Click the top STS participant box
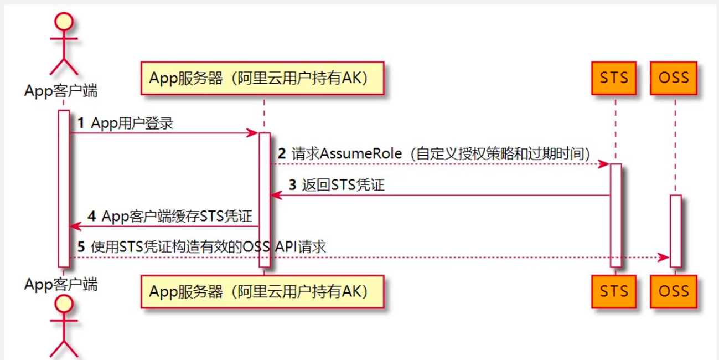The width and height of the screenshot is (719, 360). tap(614, 77)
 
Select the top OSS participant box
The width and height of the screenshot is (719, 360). tap(674, 77)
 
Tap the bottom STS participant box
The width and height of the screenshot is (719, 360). tap(614, 290)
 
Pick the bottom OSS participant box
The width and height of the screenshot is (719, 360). tap(674, 290)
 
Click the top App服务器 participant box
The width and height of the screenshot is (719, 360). tap(262, 78)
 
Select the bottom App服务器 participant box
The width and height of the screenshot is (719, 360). tap(262, 291)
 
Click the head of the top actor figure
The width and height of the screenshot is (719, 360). tap(64, 22)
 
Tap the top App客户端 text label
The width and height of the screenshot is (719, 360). tap(61, 91)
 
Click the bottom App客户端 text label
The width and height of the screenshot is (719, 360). tap(61, 284)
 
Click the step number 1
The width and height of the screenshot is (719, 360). tap(81, 124)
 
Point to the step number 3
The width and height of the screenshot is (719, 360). tap(293, 185)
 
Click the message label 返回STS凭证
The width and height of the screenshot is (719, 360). tap(343, 185)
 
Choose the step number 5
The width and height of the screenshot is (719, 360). tap(81, 247)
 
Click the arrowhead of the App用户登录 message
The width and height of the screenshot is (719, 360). tap(252, 133)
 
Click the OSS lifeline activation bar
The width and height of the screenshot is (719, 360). tap(675, 230)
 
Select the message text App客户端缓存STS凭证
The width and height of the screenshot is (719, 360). tap(175, 216)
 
